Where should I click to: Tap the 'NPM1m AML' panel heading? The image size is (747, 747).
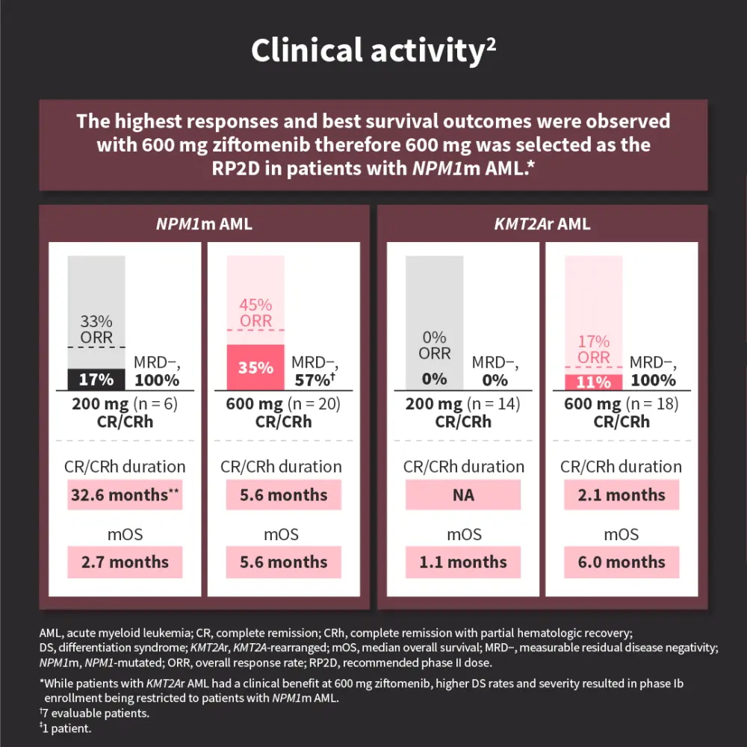(202, 224)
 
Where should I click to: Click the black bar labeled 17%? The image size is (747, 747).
(96, 379)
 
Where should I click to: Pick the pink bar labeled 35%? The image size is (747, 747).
(255, 368)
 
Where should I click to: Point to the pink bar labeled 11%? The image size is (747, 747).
(593, 382)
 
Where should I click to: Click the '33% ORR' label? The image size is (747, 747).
(96, 329)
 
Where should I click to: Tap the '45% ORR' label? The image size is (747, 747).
(255, 313)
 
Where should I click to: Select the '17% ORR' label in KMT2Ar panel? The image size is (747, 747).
(593, 349)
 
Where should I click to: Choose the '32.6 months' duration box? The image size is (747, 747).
(125, 495)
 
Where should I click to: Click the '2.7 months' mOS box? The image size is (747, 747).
(125, 562)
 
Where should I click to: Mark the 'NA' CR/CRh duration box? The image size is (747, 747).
(464, 495)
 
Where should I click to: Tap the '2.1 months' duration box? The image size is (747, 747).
(622, 495)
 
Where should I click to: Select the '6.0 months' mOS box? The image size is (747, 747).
(622, 562)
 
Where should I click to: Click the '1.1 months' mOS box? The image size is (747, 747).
(464, 562)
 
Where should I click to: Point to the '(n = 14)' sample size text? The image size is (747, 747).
(494, 404)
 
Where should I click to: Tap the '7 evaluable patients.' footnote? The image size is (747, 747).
(96, 713)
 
